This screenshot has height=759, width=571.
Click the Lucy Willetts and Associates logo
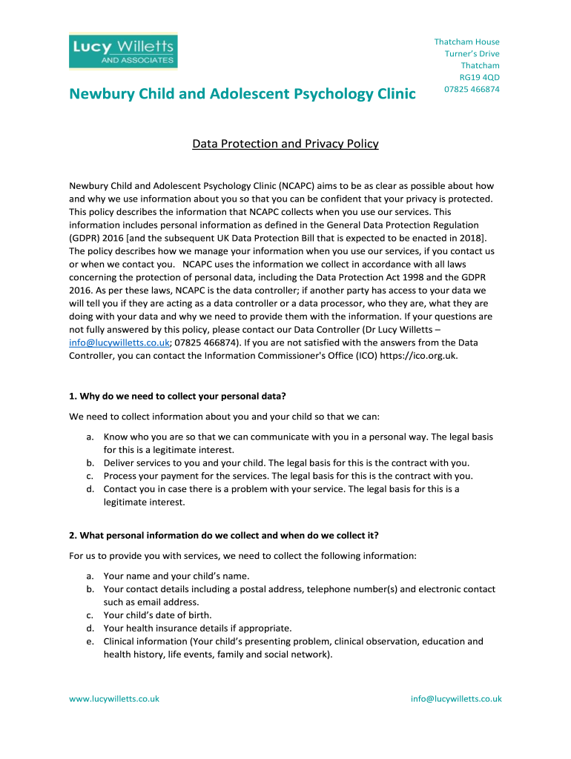[123, 52]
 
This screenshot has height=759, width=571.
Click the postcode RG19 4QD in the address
[479, 77]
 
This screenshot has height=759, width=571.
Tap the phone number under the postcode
[472, 89]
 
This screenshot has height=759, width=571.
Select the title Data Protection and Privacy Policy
[285, 144]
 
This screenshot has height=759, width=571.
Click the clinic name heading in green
[242, 94]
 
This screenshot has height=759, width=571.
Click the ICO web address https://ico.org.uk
[418, 355]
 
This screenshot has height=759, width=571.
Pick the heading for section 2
[229, 534]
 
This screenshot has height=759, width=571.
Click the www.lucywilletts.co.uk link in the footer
[114, 698]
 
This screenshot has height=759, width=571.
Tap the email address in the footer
[456, 698]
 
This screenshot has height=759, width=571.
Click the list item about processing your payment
[288, 476]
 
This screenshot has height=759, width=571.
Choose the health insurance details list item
[197, 628]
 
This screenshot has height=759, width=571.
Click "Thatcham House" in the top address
[466, 42]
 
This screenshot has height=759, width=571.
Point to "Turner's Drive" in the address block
[472, 53]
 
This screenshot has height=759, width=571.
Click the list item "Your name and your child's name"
[176, 575]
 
